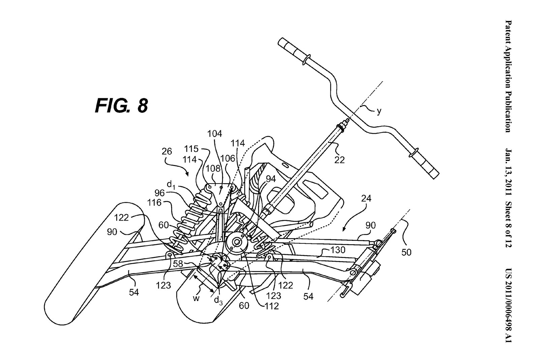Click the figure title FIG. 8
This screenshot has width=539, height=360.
(x=121, y=106)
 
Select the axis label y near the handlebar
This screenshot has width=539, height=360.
(x=379, y=111)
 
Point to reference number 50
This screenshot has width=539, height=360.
(x=406, y=252)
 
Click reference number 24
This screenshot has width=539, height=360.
(x=366, y=198)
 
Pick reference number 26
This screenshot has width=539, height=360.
(x=167, y=152)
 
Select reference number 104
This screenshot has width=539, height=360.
(x=215, y=134)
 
